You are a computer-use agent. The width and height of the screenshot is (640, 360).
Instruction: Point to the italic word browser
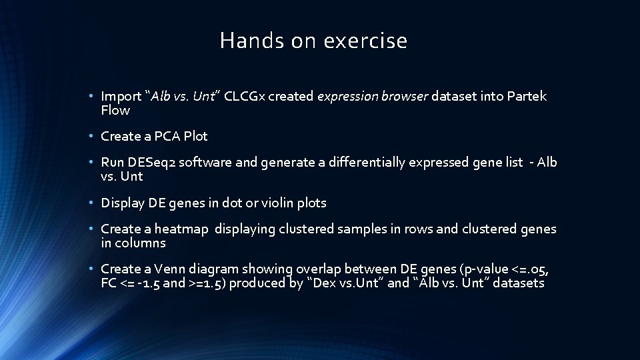click(405, 96)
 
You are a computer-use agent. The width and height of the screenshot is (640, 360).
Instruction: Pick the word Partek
click(526, 96)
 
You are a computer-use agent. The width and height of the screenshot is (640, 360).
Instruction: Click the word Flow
click(115, 110)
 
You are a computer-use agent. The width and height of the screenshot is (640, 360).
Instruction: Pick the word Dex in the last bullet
click(323, 283)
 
